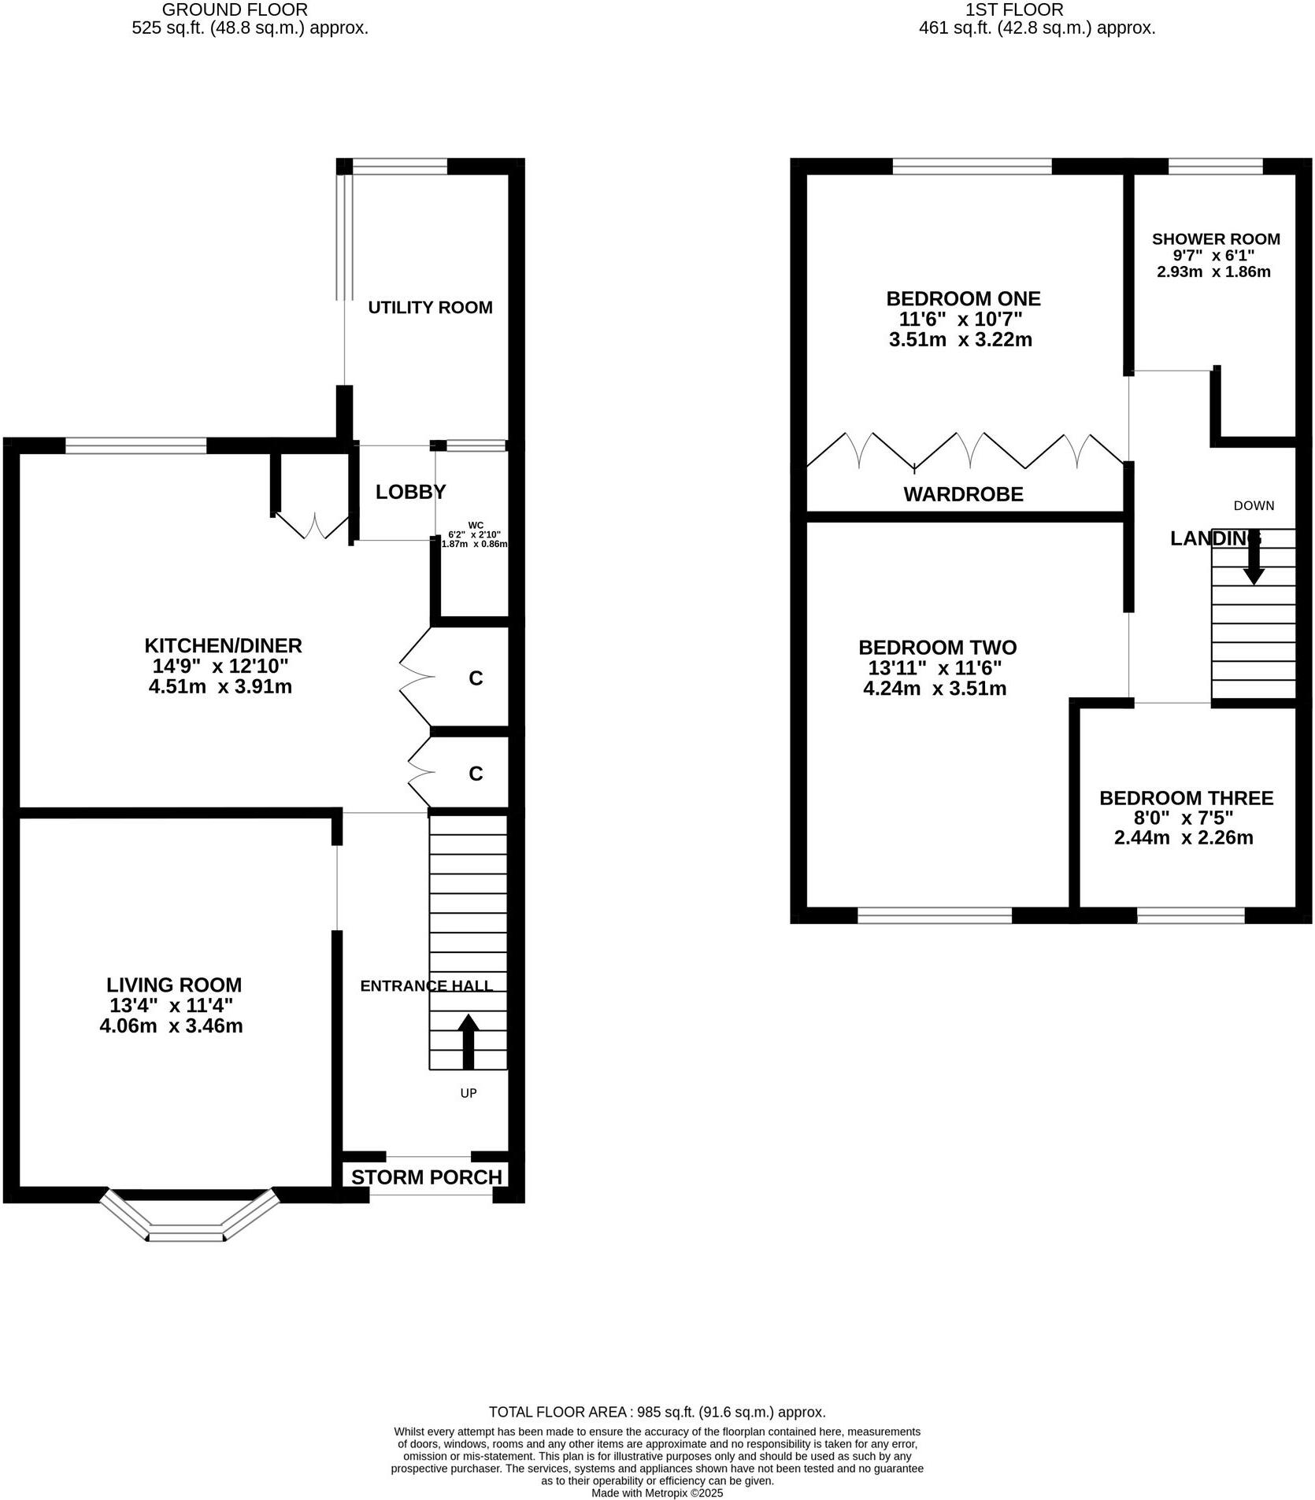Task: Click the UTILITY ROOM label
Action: pyautogui.click(x=430, y=308)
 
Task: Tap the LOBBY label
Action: pyautogui.click(x=410, y=492)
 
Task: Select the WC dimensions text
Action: pyautogui.click(x=475, y=534)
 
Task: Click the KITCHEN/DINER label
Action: pyautogui.click(x=223, y=646)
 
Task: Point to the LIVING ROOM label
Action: pyautogui.click(x=174, y=985)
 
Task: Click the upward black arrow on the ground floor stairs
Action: pyautogui.click(x=469, y=1040)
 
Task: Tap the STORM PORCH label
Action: pyautogui.click(x=426, y=1177)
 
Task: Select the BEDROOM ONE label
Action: pyautogui.click(x=963, y=299)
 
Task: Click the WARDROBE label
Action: pyautogui.click(x=963, y=494)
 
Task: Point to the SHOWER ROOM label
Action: pyautogui.click(x=1216, y=239)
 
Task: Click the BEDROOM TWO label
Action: pyautogui.click(x=937, y=648)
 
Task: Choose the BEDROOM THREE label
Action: pyautogui.click(x=1186, y=798)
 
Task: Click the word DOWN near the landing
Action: pyautogui.click(x=1254, y=506)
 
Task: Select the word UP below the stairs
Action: pyautogui.click(x=469, y=1093)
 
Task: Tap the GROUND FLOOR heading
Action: pyautogui.click(x=235, y=10)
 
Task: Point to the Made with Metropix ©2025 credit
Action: pyautogui.click(x=657, y=1492)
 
